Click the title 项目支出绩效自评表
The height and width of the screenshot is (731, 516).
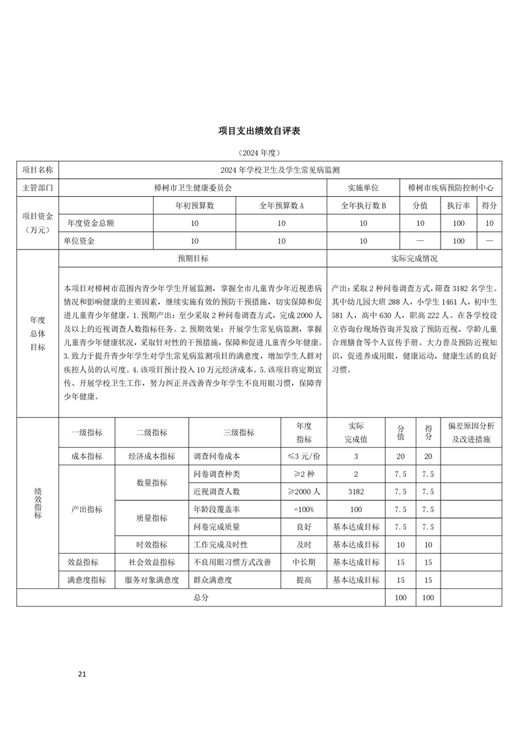(258, 130)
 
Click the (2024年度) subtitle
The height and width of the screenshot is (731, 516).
(258, 152)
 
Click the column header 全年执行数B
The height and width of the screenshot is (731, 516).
(364, 205)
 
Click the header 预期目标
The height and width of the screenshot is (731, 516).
(193, 258)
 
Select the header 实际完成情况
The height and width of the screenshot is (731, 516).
(414, 258)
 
